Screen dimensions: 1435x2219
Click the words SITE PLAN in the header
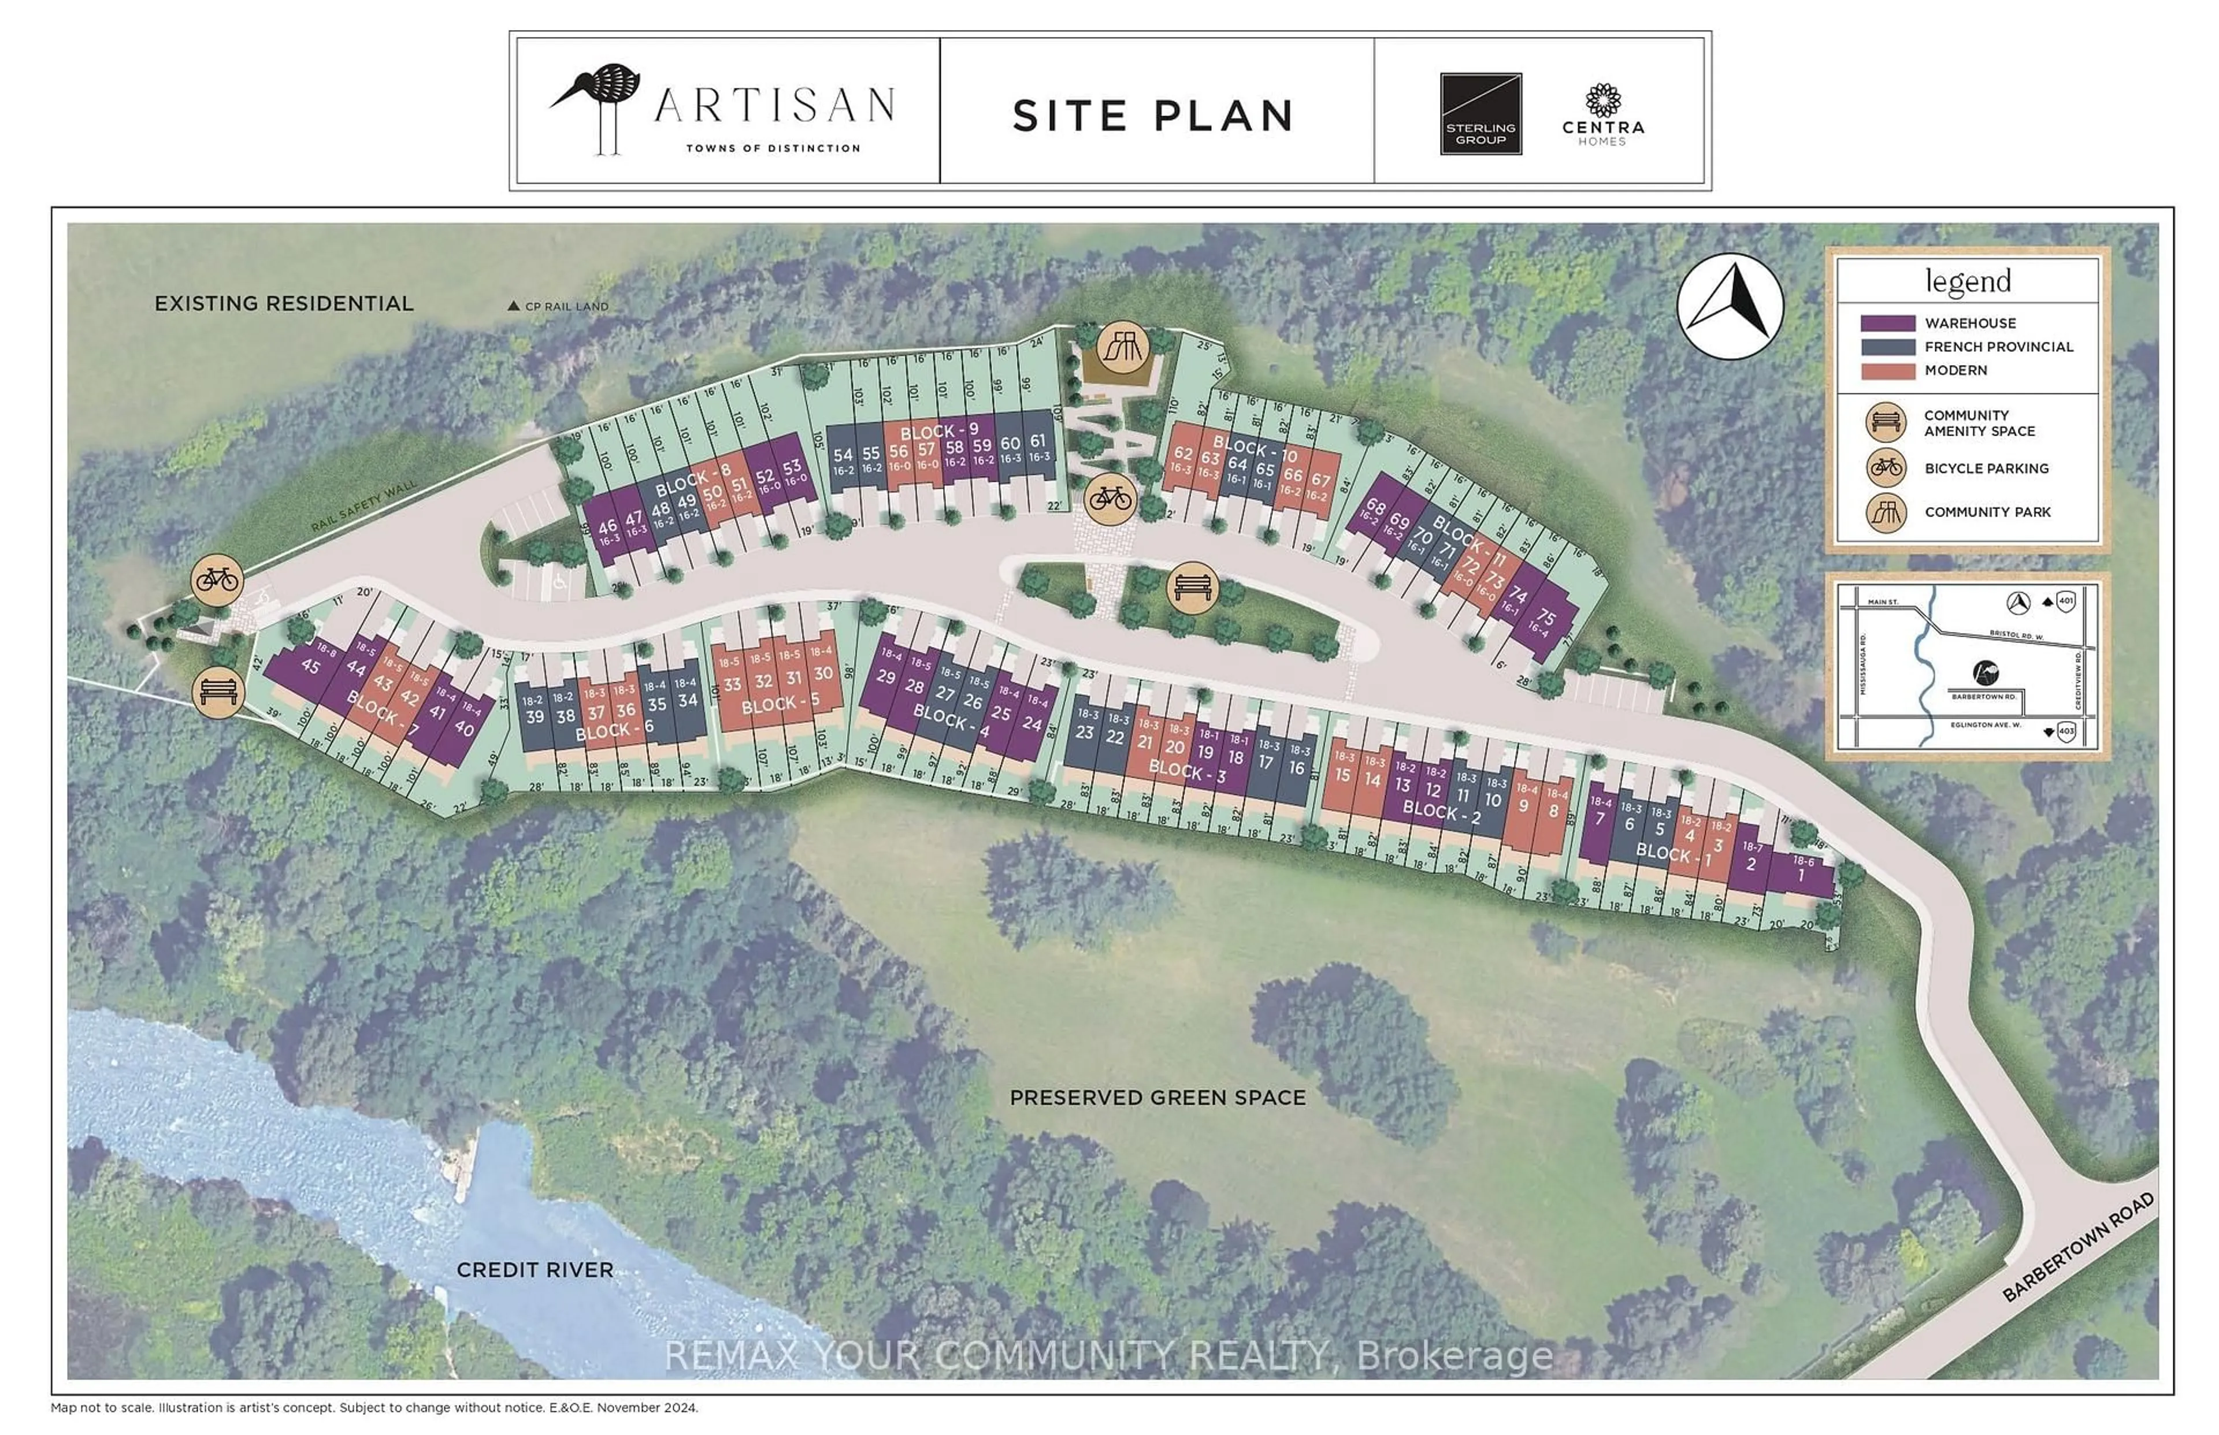1153,116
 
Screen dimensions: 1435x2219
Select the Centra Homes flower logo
1603,101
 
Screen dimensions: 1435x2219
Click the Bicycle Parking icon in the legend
1886,468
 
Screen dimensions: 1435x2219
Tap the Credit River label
535,1269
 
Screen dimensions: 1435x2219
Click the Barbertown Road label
2077,1247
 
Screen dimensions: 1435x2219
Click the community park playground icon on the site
1121,348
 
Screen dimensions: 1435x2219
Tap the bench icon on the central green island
1192,587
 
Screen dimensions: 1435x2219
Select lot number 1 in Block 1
1801,876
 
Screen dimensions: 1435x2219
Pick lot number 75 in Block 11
1546,617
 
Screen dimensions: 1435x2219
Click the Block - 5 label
780,704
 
